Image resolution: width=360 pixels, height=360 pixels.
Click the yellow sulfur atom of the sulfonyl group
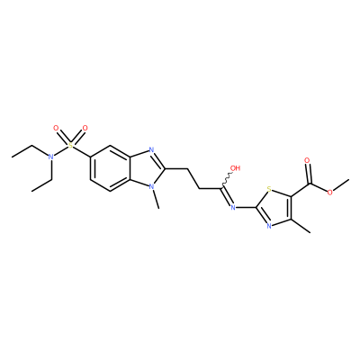click(x=70, y=146)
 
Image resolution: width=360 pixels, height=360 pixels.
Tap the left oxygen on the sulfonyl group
click(x=56, y=129)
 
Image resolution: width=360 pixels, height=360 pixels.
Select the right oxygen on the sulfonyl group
click(x=85, y=129)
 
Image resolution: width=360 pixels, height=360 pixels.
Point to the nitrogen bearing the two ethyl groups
click(x=51, y=157)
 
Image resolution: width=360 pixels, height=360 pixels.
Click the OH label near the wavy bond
click(x=236, y=168)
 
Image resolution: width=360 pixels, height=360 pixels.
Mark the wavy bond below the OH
click(x=227, y=180)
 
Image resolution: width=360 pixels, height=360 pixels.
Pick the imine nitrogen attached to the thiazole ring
click(x=233, y=207)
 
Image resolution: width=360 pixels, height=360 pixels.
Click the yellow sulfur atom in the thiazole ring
click(x=269, y=189)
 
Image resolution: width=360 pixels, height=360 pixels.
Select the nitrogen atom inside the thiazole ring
click(x=269, y=226)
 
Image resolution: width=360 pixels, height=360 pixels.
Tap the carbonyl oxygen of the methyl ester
click(x=307, y=160)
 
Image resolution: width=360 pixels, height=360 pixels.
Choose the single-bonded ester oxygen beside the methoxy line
click(x=330, y=193)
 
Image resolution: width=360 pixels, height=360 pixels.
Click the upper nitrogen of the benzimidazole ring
click(x=151, y=150)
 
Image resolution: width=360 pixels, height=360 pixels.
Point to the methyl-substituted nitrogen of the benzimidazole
click(x=151, y=186)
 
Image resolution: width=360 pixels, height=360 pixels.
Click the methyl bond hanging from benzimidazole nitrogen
click(x=156, y=199)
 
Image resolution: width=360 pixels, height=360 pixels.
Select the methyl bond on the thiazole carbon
click(x=301, y=226)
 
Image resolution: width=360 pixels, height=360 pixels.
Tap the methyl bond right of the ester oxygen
click(x=341, y=184)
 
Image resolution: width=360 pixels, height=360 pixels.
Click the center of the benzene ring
click(x=110, y=168)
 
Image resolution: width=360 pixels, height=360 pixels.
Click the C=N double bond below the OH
click(x=227, y=197)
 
